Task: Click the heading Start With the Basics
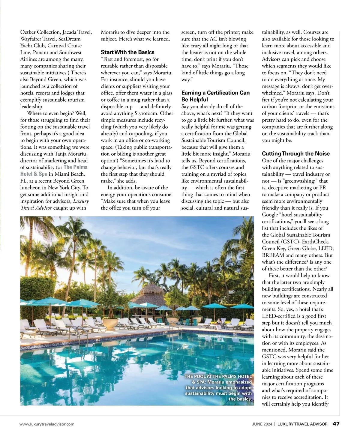click(x=127, y=52)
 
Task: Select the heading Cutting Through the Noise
click(x=295, y=154)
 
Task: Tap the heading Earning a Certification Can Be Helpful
click(x=215, y=96)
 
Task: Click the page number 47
click(x=336, y=424)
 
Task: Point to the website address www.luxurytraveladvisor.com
click(x=47, y=424)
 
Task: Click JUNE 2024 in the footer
click(x=262, y=424)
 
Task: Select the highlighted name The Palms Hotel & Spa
click(x=54, y=171)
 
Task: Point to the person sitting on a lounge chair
click(x=219, y=321)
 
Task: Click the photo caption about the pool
click(x=218, y=387)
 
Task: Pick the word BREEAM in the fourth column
click(x=273, y=255)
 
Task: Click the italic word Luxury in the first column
click(x=81, y=201)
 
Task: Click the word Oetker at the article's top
click(x=28, y=32)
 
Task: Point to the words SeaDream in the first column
click(x=69, y=39)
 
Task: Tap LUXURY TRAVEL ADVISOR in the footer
click(x=302, y=424)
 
